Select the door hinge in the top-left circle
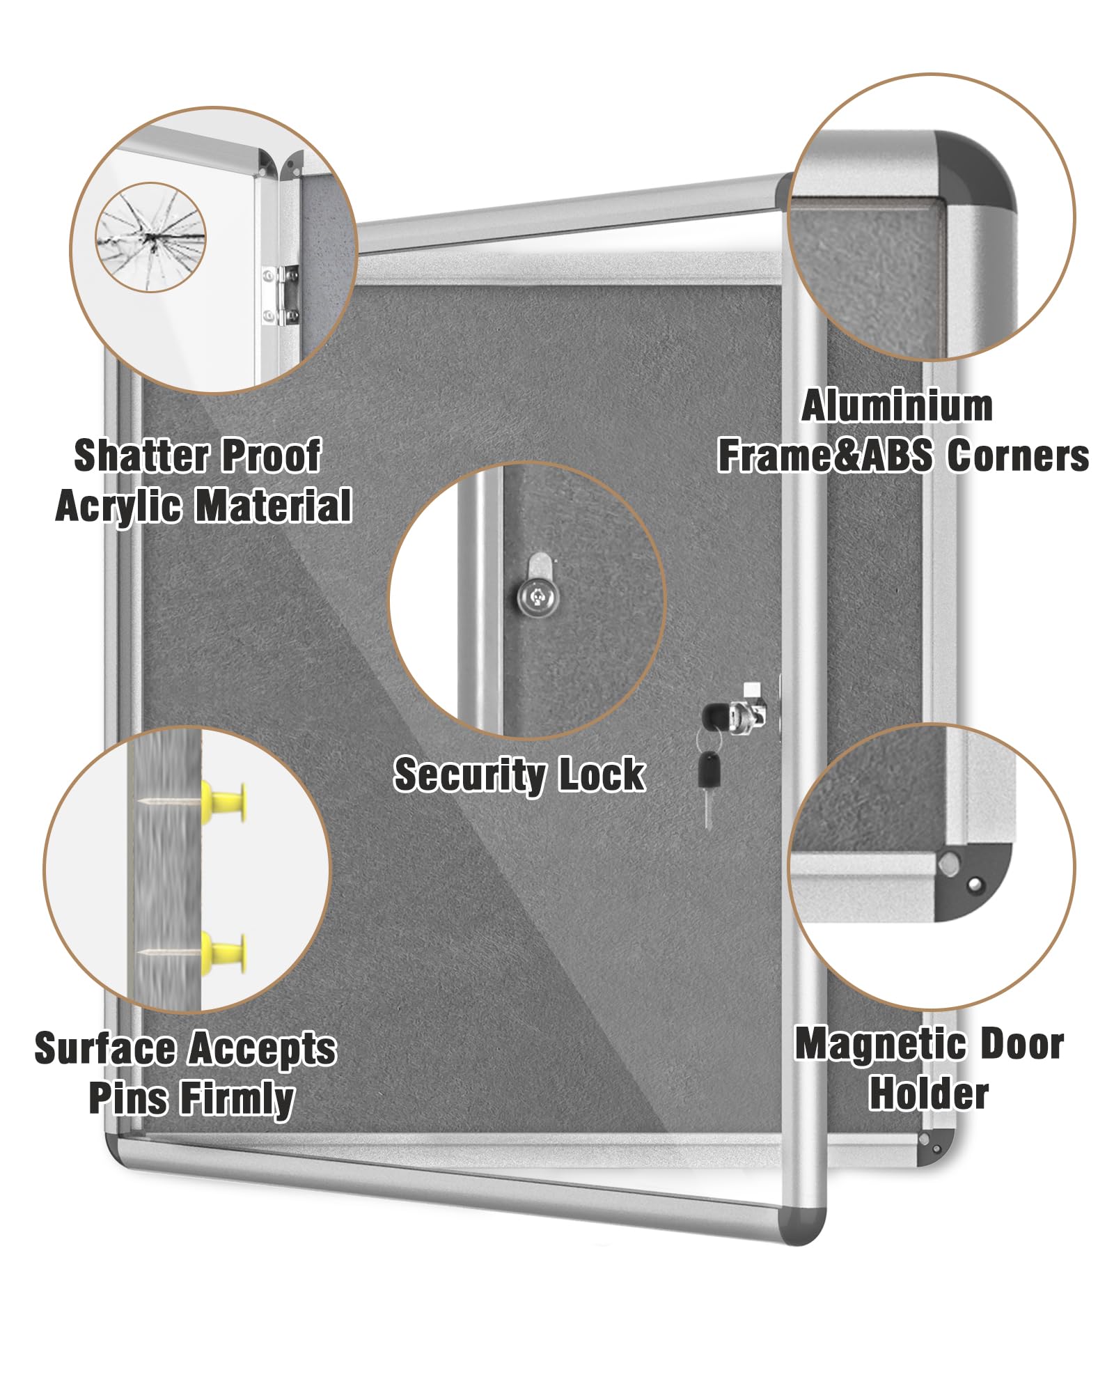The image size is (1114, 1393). click(281, 295)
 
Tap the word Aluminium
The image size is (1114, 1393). click(897, 406)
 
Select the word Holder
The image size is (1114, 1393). click(929, 1094)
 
